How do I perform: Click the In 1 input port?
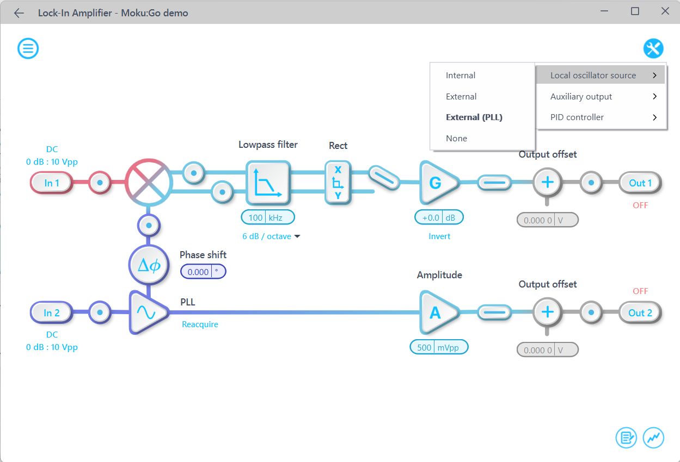coord(52,183)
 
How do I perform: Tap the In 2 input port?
coord(52,313)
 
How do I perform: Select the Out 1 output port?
coord(640,183)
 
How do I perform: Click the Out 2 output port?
coord(640,313)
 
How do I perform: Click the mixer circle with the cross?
coord(149,183)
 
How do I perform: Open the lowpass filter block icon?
coord(268,183)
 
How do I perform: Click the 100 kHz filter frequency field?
coord(268,217)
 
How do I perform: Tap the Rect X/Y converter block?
coord(338,183)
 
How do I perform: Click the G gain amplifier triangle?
coord(437,183)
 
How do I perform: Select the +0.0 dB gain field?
coord(439,217)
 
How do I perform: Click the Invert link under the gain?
coord(439,236)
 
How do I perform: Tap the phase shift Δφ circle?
coord(149,265)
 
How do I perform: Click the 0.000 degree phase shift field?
coord(203,271)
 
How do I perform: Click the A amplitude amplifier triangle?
coord(437,313)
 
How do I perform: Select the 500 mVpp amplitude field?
coord(439,347)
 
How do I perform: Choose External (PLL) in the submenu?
coord(474,117)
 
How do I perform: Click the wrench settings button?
coord(653,48)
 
